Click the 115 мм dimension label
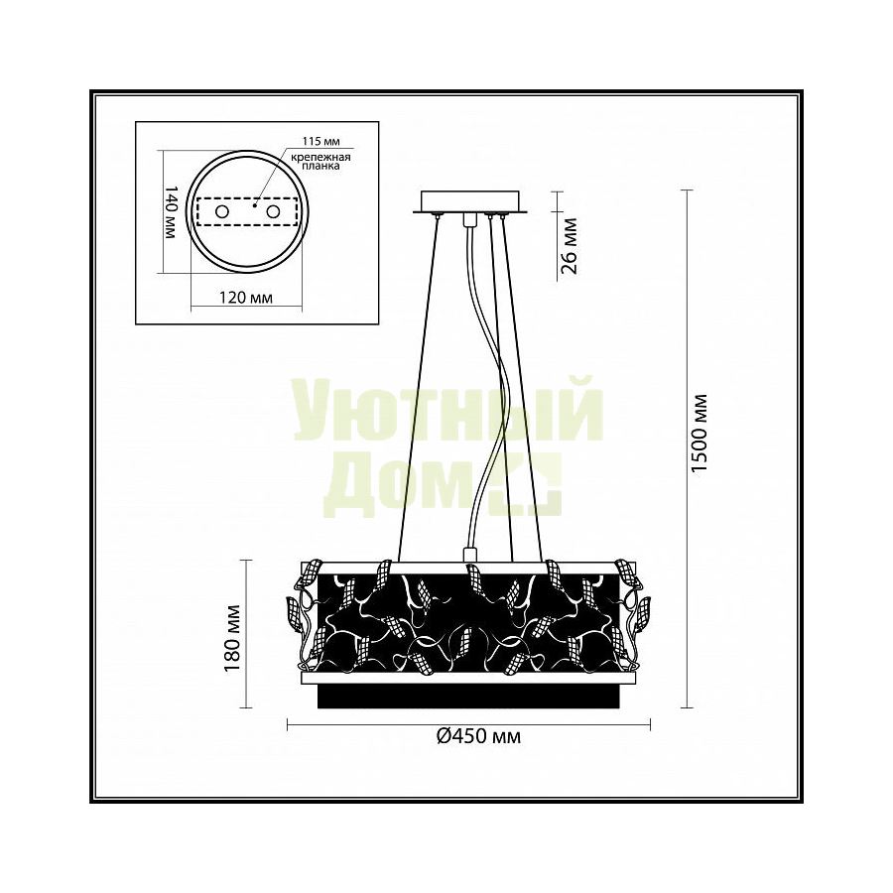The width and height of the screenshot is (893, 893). click(320, 141)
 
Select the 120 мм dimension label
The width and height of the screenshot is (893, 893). click(245, 298)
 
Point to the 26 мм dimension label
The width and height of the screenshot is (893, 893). click(569, 246)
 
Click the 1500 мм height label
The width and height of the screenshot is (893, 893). click(699, 433)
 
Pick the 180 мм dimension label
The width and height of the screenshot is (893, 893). click(233, 638)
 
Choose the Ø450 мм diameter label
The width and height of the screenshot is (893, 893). click(478, 736)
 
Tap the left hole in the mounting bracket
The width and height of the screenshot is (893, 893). click(221, 212)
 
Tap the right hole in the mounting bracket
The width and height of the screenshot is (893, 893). click(274, 212)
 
